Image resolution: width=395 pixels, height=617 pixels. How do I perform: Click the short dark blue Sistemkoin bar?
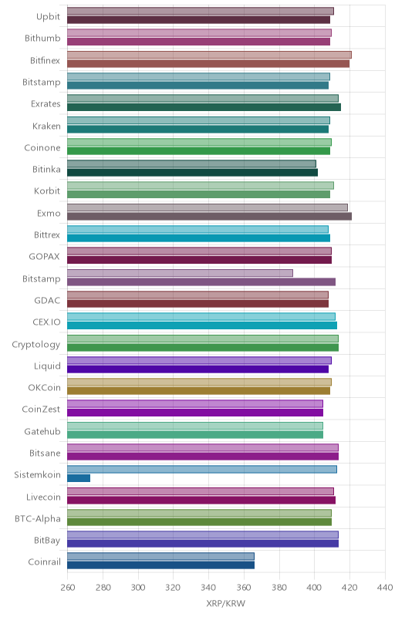pyautogui.click(x=79, y=478)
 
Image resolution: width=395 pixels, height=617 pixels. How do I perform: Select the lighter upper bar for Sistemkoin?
pyautogui.click(x=202, y=470)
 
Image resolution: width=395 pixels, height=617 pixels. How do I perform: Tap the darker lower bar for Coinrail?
pyautogui.click(x=160, y=565)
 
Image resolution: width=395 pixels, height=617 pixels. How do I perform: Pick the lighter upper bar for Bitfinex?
pyautogui.click(x=209, y=55)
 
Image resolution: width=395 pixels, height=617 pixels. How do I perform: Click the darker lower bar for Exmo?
pyautogui.click(x=209, y=217)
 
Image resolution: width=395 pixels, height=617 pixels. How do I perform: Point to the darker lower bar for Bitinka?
pyautogui.click(x=192, y=173)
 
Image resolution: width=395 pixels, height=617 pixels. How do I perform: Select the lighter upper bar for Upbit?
pyautogui.click(x=201, y=12)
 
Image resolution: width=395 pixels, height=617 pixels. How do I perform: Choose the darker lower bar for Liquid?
pyautogui.click(x=198, y=369)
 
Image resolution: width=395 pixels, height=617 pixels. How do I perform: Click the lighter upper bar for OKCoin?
pyautogui.click(x=200, y=382)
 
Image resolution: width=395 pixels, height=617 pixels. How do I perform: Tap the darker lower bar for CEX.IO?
pyautogui.click(x=202, y=325)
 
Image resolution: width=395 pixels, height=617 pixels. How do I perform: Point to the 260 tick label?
pyautogui.click(x=68, y=588)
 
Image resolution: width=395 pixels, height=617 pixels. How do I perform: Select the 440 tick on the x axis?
pyautogui.click(x=385, y=588)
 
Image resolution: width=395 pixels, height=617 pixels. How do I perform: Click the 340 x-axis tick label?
pyautogui.click(x=208, y=588)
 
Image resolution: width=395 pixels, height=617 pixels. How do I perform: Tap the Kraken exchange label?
pyautogui.click(x=46, y=126)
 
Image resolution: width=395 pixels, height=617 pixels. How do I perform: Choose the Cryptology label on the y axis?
pyautogui.click(x=36, y=345)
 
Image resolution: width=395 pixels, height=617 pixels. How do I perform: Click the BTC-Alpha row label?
pyautogui.click(x=38, y=518)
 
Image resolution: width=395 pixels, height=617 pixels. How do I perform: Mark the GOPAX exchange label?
pyautogui.click(x=45, y=257)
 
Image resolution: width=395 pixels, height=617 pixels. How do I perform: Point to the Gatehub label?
pyautogui.click(x=42, y=432)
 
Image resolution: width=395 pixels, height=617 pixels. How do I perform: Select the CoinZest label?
pyautogui.click(x=41, y=410)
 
